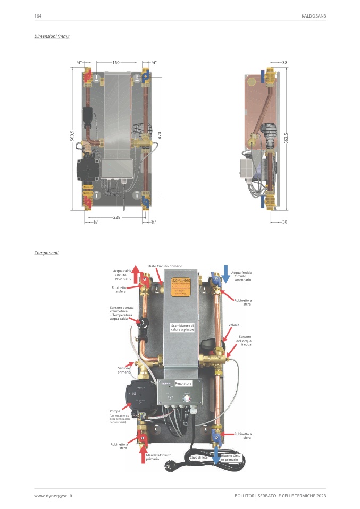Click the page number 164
(38, 16)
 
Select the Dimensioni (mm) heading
(52, 36)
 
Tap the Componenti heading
(46, 252)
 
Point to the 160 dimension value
(116, 63)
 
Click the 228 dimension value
(116, 217)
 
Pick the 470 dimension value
(160, 135)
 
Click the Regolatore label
(183, 383)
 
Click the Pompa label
(115, 411)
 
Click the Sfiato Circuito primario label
(165, 265)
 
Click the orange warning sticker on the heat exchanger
(181, 287)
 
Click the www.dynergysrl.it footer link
(53, 495)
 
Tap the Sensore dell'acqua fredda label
(245, 341)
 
